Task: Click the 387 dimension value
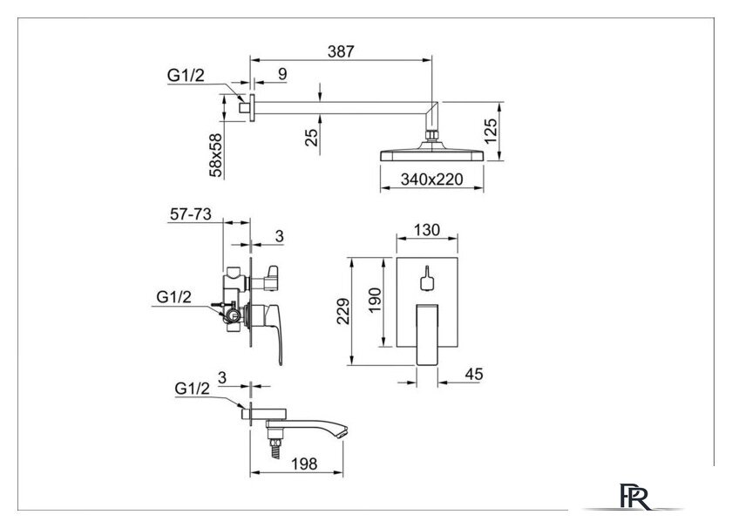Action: click(x=341, y=51)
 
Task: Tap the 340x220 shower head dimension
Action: click(x=432, y=179)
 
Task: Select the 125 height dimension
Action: click(x=491, y=132)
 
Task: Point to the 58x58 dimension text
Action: click(x=216, y=155)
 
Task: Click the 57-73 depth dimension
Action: click(x=191, y=214)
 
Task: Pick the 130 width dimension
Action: click(x=427, y=230)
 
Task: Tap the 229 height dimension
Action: click(x=343, y=311)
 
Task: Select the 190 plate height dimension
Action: click(x=375, y=301)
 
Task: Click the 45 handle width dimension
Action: click(x=474, y=375)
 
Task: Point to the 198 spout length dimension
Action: click(x=304, y=464)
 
